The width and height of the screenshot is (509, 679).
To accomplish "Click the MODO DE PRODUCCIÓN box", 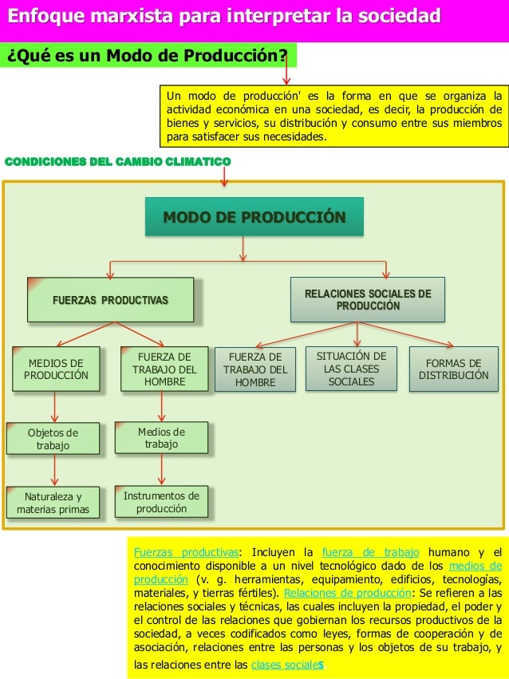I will (254, 217).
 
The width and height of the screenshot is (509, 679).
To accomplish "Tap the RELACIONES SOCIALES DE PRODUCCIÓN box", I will (367, 300).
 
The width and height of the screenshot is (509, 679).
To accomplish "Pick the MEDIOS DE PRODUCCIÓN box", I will (56, 369).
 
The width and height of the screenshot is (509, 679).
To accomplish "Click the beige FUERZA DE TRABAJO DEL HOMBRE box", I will (164, 369).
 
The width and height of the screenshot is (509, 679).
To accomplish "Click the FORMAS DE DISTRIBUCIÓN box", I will (453, 369).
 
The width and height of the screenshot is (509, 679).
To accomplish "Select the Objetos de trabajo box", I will (53, 439).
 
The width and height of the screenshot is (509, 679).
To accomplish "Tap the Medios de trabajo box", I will (161, 438).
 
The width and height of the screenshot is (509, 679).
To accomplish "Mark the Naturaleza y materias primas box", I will (53, 503).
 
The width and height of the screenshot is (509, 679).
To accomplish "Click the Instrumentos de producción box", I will (161, 502).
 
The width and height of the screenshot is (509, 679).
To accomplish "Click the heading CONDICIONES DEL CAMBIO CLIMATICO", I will (118, 162).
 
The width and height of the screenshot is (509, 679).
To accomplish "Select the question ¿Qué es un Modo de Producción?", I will (148, 56).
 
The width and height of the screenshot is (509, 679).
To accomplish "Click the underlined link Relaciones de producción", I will (347, 593).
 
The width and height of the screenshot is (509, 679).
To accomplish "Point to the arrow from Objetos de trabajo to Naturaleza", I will (54, 471).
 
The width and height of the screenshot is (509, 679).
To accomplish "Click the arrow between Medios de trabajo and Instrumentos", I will (162, 470).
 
